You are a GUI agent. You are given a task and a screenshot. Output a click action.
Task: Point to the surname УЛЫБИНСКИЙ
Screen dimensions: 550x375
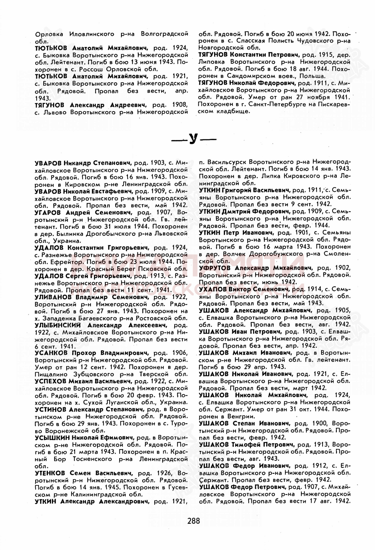pyautogui.click(x=58, y=326)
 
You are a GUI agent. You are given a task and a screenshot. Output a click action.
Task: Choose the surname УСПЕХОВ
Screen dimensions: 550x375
pyautogui.click(x=50, y=381)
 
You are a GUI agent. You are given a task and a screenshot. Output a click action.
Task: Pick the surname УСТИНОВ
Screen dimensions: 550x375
pyautogui.click(x=50, y=410)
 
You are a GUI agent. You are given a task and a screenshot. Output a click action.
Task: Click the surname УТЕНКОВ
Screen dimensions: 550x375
pyautogui.click(x=50, y=473)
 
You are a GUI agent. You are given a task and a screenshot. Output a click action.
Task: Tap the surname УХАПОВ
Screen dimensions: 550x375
pyautogui.click(x=212, y=289)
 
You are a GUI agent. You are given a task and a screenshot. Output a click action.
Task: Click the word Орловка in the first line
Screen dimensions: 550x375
pyautogui.click(x=49, y=34)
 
